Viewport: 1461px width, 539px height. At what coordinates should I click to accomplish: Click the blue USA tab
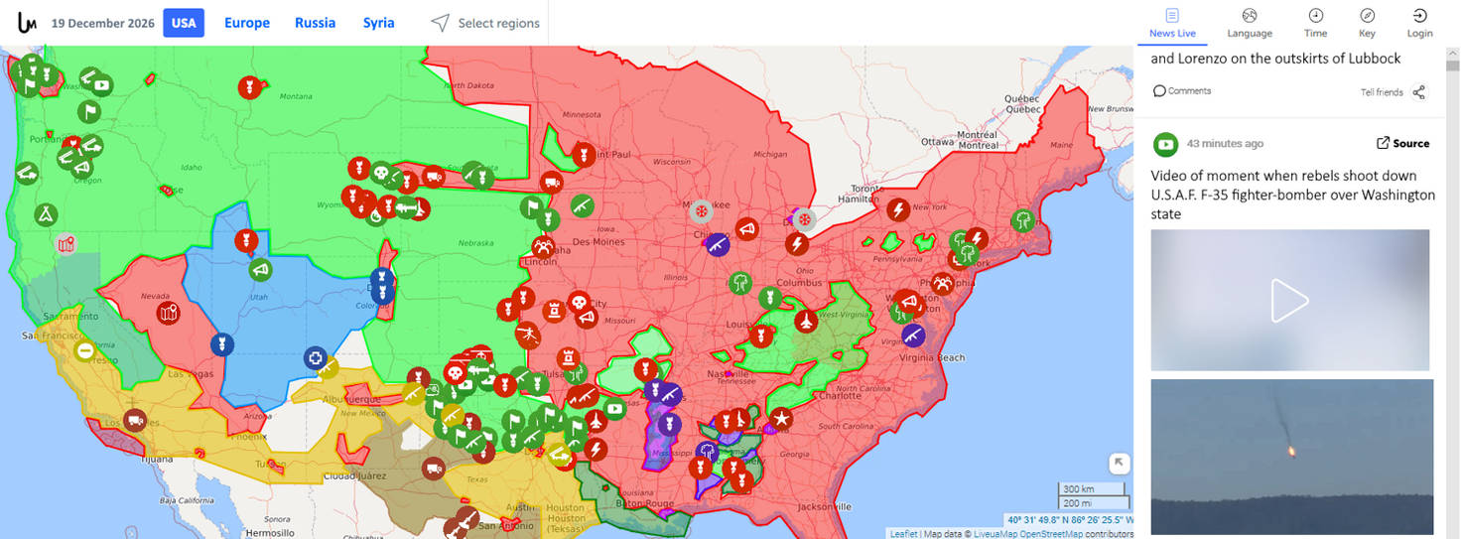pos(184,23)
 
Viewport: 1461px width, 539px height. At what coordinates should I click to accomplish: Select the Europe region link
pos(247,23)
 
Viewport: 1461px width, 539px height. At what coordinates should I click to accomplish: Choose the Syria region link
pos(378,23)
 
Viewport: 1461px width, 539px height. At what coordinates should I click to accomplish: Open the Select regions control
pos(486,23)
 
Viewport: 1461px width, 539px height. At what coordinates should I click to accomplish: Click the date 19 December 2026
pos(103,23)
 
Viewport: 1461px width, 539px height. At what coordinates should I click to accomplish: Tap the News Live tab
pos(1172,23)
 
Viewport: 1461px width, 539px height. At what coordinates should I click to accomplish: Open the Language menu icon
pos(1250,16)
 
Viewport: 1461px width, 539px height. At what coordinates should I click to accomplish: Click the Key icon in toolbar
pos(1367,16)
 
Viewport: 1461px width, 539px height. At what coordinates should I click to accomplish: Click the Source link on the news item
pos(1402,143)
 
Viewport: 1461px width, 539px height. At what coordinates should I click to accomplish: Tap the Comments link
pos(1182,91)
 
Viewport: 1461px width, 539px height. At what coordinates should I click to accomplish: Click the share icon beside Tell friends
pos(1419,92)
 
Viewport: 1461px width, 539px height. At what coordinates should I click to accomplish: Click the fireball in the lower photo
pos(1291,451)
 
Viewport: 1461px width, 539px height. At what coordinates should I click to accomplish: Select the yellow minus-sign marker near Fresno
pos(85,350)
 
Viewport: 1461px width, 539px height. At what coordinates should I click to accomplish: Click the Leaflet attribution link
pos(903,534)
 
